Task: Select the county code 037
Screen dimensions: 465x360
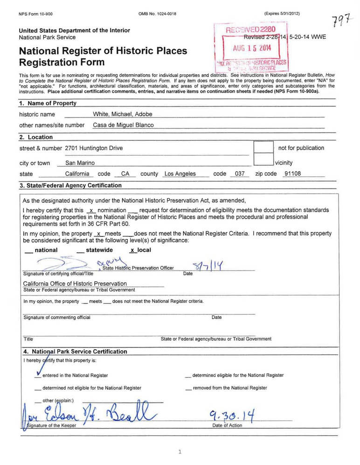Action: tap(240, 174)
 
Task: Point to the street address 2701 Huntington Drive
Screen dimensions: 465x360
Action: tap(94, 148)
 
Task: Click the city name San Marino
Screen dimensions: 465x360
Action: tap(80, 163)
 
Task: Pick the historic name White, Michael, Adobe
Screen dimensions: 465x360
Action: tap(123, 114)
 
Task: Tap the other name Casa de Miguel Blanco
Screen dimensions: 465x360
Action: tap(123, 125)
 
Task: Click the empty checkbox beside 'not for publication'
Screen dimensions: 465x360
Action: tap(263, 147)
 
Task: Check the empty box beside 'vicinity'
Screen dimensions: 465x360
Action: tap(263, 160)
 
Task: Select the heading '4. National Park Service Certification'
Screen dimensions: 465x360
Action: tap(75, 352)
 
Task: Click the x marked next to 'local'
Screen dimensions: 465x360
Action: tap(132, 250)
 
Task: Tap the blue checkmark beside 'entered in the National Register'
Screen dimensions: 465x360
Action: tap(37, 373)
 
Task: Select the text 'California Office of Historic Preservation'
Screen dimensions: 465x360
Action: tap(75, 284)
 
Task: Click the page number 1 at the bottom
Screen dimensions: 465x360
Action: tap(180, 451)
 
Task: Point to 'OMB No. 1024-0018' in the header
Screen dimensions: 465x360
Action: tap(158, 14)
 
